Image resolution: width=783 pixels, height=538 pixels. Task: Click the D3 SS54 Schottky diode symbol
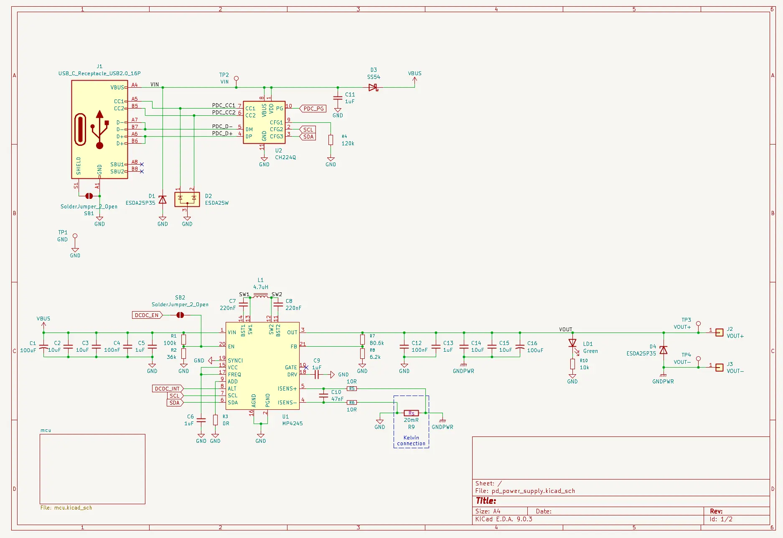point(373,87)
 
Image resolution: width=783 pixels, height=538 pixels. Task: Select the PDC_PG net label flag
point(313,109)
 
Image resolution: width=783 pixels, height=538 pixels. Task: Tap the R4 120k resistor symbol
point(330,140)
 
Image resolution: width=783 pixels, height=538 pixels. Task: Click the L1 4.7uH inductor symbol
point(261,295)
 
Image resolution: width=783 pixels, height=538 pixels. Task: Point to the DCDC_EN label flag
point(147,315)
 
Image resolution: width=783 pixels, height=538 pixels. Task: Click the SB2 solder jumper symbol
point(180,315)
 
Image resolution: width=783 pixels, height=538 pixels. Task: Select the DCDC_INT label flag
point(167,388)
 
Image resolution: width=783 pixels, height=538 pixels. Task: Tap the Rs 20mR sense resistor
point(411,413)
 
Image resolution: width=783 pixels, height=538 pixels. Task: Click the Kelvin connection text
point(411,441)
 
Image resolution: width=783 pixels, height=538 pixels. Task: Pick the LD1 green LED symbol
point(572,343)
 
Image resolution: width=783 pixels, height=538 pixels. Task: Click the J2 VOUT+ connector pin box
point(719,332)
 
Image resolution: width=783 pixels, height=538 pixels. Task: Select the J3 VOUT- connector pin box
point(719,368)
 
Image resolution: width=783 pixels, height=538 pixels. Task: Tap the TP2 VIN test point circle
point(236,79)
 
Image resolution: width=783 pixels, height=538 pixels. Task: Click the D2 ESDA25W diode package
point(187,199)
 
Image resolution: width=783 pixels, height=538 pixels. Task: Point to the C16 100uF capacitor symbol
point(520,347)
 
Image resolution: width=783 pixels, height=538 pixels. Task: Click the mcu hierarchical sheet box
point(92,469)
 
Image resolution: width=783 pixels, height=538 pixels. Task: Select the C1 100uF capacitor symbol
point(43,347)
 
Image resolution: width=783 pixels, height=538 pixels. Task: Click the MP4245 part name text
point(292,423)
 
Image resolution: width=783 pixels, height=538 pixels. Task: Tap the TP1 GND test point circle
point(75,236)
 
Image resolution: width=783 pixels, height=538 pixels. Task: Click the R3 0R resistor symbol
point(215,420)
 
